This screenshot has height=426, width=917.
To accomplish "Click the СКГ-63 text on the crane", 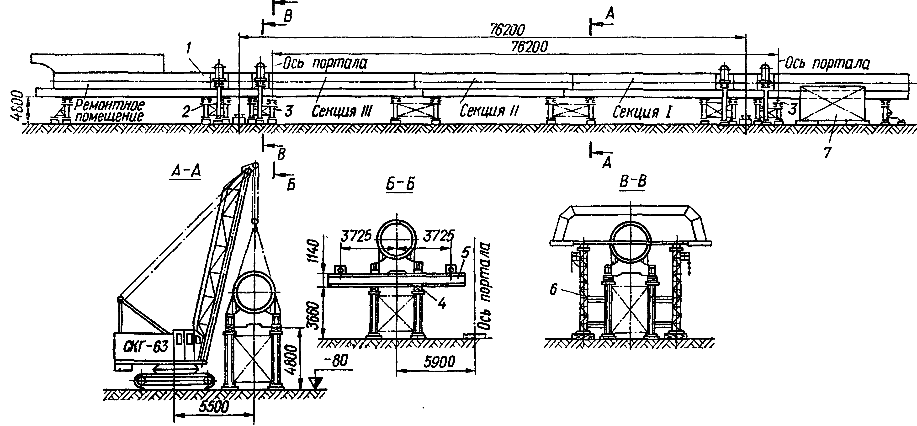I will point(146,346).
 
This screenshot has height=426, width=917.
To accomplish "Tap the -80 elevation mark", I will point(335,361).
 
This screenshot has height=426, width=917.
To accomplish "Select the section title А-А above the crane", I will point(186,172).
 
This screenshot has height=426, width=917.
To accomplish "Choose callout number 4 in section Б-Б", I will point(441,303).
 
